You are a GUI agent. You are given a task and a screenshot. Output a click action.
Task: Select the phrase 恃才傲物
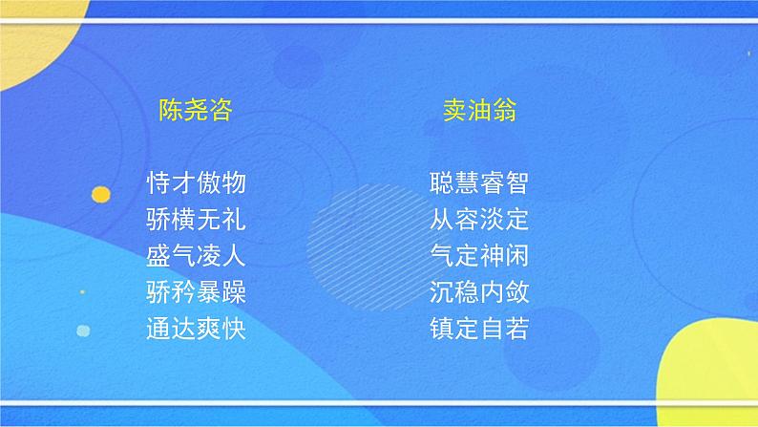(197, 183)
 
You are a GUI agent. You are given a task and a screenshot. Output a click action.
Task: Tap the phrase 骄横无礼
(197, 220)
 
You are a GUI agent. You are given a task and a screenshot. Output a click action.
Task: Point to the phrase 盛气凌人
(197, 256)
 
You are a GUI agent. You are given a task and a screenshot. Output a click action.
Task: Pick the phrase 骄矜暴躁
(197, 292)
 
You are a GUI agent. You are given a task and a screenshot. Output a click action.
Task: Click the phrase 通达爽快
(197, 330)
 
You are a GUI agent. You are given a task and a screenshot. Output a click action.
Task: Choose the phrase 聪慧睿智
(479, 183)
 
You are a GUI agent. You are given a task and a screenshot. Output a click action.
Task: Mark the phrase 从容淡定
(479, 220)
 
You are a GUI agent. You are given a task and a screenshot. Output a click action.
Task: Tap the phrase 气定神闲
(479, 256)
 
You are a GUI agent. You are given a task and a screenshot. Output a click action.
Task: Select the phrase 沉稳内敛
(479, 292)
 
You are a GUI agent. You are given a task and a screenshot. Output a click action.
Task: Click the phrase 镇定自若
(479, 330)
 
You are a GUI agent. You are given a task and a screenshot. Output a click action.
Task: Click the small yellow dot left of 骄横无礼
(100, 195)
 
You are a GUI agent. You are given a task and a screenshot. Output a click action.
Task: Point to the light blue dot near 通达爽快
(83, 331)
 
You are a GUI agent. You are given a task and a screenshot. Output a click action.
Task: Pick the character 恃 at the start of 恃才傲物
(159, 183)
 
